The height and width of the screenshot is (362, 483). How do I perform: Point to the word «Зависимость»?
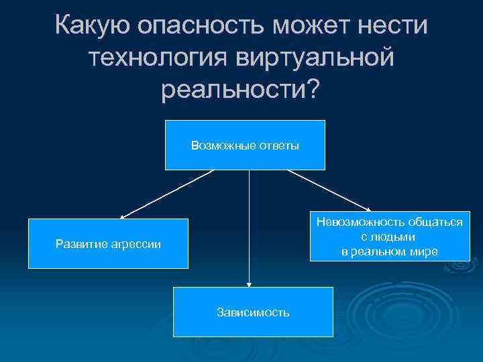[x=253, y=312]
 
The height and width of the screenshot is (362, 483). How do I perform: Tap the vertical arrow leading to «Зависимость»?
[x=249, y=228]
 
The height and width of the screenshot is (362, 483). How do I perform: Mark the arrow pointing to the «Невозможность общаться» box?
[x=329, y=190]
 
